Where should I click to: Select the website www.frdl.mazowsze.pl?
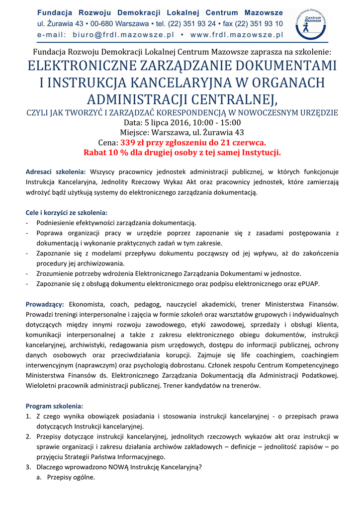[237, 35]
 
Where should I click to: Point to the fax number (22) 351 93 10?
[260, 23]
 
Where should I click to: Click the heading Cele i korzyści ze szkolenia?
[67, 212]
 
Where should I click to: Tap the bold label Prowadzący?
[45, 304]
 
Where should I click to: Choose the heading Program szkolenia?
[55, 406]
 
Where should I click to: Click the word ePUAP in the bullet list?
[309, 284]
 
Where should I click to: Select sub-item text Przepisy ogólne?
[71, 477]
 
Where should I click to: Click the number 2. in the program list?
[29, 436]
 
